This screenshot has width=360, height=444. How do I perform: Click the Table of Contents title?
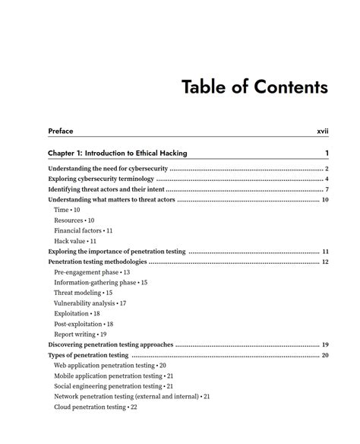point(254,87)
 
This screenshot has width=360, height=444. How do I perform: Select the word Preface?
point(61,132)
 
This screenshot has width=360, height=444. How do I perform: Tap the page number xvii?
point(322,132)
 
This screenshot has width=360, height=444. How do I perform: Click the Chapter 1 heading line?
point(117,153)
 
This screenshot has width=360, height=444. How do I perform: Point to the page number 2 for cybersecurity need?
point(326,168)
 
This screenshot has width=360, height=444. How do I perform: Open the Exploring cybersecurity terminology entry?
point(100,179)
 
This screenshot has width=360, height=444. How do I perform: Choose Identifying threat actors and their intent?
point(106,189)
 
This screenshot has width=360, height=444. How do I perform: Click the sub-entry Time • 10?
point(67,209)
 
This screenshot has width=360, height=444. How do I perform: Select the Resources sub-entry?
point(74,220)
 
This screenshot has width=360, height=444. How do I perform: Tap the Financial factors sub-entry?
point(83,230)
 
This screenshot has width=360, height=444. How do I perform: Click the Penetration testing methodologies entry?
point(97,262)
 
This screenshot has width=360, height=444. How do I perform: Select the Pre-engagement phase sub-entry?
point(91,271)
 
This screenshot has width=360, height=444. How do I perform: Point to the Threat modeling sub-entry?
point(83,293)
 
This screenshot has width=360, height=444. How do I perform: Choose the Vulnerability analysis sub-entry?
point(90,303)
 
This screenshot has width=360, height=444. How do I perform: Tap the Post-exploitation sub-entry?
point(84,324)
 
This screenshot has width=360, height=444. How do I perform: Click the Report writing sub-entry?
point(80,334)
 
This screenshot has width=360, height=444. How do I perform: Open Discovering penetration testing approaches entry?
point(110,344)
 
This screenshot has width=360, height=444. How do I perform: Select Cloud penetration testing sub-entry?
point(95,407)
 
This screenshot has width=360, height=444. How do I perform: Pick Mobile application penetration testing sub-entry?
point(113,376)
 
